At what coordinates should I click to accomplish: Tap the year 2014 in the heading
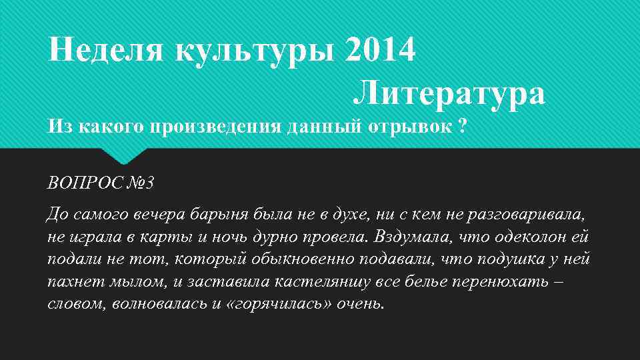pos(381,50)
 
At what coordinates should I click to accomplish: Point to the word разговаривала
pos(527,215)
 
